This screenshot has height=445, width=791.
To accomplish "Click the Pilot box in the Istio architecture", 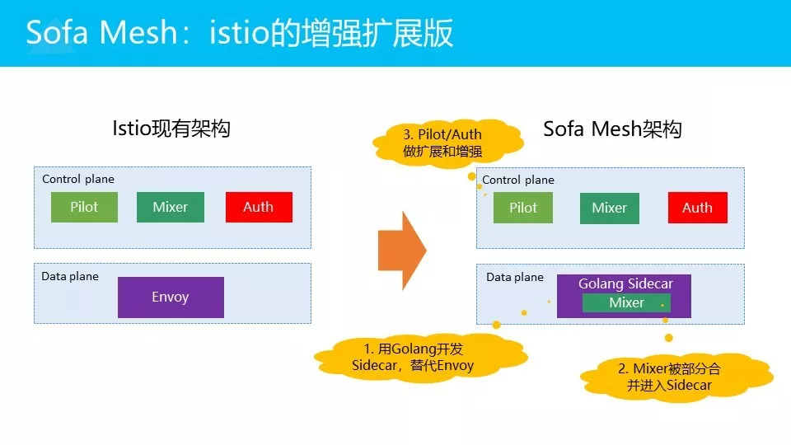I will point(84,207).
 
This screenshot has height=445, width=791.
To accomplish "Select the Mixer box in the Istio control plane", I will point(171,207).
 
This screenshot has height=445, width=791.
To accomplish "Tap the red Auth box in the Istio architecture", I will point(259,207).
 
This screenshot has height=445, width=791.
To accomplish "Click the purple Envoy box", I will point(171,297).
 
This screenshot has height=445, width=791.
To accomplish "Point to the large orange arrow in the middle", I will point(402,250).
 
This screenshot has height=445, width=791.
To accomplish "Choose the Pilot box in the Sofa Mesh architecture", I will point(523,208).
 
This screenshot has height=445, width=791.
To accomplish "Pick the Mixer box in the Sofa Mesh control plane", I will point(610,208).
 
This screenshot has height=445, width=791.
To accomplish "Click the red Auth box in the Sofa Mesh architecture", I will point(697,208).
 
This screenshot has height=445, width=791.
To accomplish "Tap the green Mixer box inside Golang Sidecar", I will point(626,303).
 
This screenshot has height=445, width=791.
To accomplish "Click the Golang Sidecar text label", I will point(625,283).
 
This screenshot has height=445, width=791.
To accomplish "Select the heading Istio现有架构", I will point(171,129).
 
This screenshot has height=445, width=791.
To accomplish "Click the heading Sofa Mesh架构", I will point(612,129).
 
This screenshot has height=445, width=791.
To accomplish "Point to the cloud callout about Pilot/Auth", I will point(442,143).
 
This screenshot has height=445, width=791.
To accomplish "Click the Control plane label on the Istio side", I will point(78,179).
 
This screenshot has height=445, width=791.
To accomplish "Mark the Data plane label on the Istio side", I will point(70,276).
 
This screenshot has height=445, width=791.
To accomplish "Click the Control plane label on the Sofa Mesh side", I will point(518,180).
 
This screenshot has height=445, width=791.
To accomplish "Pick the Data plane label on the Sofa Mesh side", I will point(515,277).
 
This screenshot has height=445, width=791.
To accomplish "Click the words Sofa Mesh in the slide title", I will point(101,34).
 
